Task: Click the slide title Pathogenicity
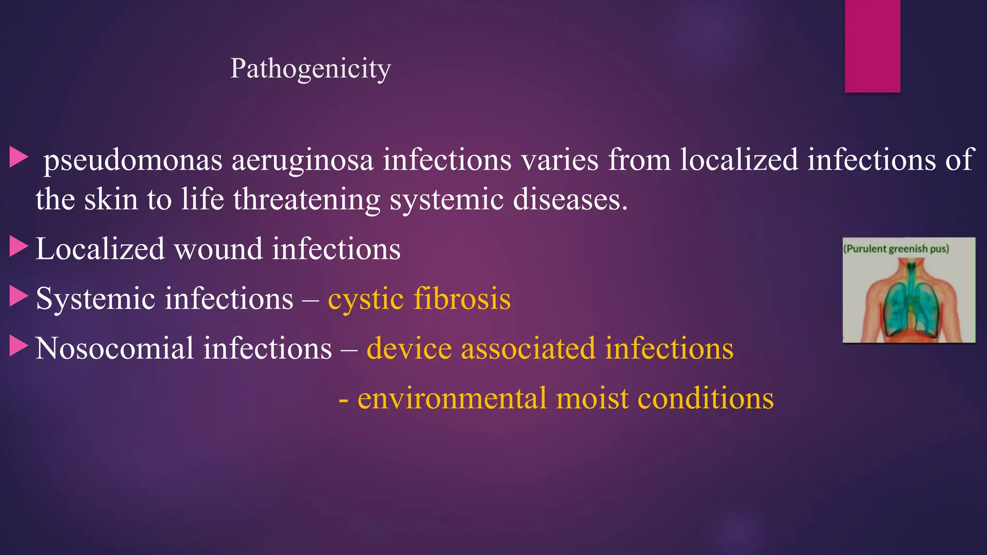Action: pyautogui.click(x=310, y=68)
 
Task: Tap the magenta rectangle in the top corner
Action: pyautogui.click(x=872, y=46)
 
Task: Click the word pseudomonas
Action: pyautogui.click(x=133, y=160)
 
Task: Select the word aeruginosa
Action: pyautogui.click(x=302, y=160)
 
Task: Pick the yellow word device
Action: pyautogui.click(x=409, y=348)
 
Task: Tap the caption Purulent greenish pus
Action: pyautogui.click(x=896, y=249)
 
